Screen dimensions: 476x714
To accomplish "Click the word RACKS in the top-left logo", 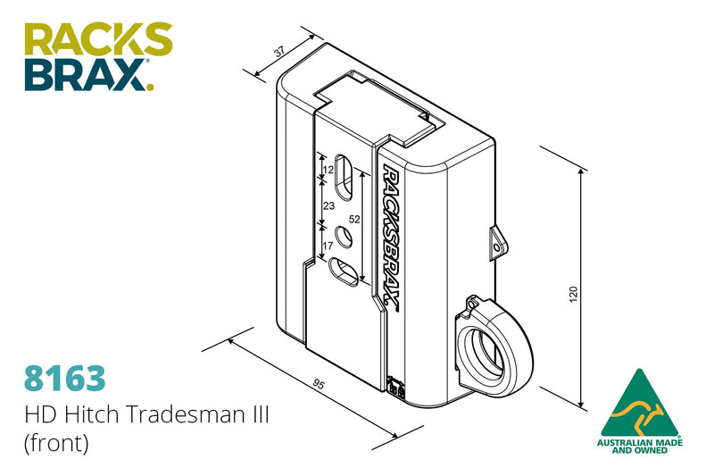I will point(97,41).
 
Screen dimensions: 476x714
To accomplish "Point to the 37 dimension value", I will point(278,53).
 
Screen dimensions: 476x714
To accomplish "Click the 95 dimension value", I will point(317,385).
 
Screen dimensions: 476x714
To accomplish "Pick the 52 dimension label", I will point(354,219).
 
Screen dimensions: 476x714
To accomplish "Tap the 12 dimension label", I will point(328,170).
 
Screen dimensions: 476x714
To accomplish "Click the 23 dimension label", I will point(328,205).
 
